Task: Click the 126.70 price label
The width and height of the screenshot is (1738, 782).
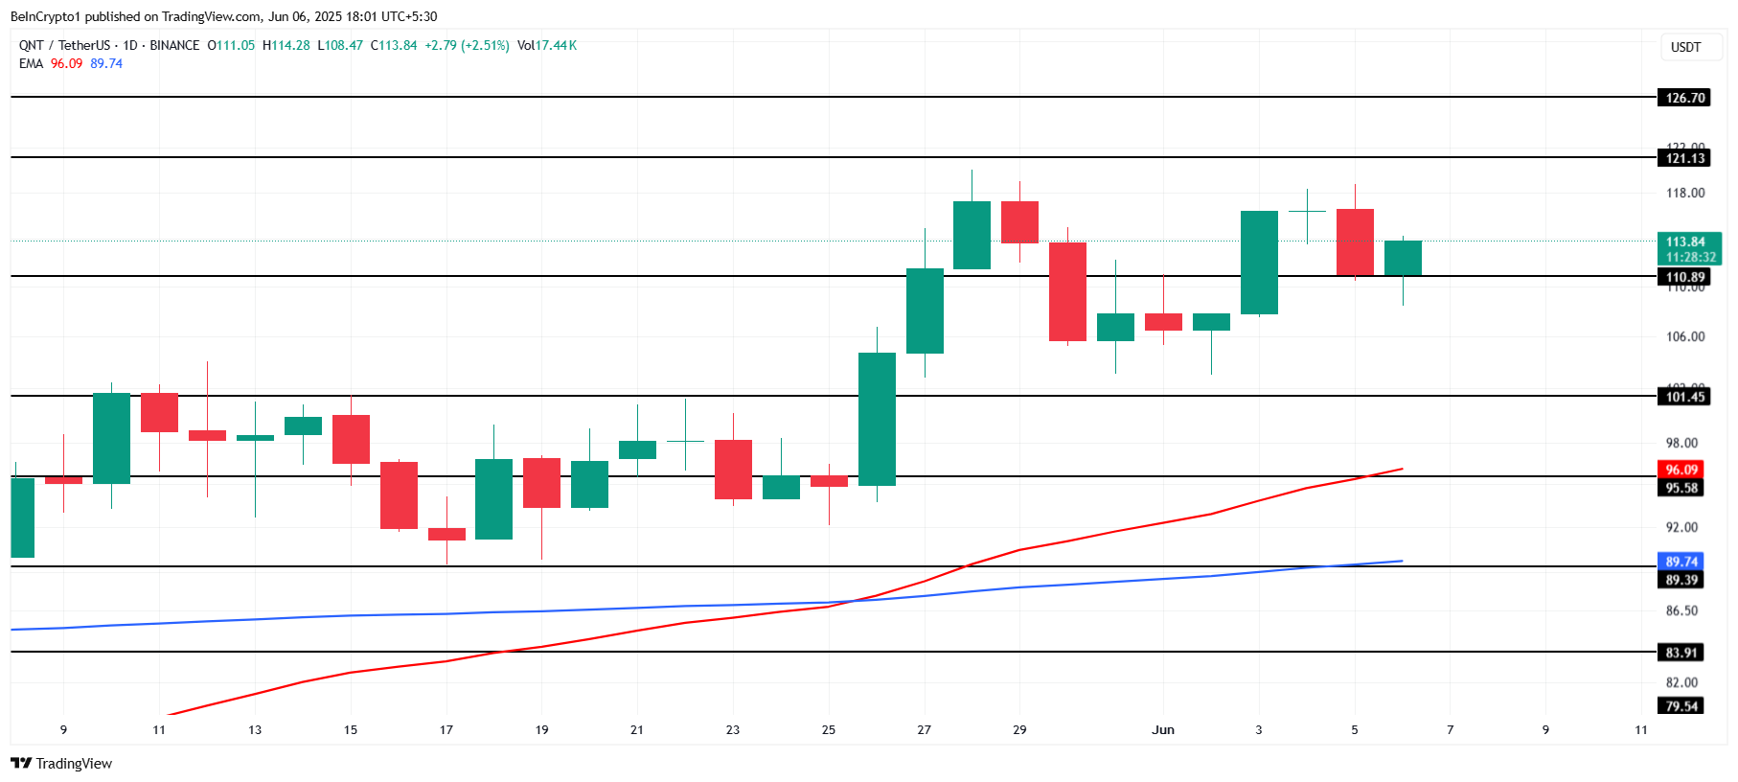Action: [1684, 98]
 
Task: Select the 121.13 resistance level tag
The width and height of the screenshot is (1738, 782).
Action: [1684, 158]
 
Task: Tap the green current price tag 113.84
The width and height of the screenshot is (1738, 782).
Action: [1688, 242]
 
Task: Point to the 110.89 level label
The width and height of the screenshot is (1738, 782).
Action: [1684, 277]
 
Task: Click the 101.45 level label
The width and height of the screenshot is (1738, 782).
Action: [1684, 397]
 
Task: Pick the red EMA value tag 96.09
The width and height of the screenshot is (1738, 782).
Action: [1681, 470]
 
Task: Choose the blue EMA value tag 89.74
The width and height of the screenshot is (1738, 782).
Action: [1681, 562]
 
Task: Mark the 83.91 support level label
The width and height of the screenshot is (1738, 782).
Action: [1681, 653]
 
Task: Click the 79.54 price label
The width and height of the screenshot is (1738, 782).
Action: [1681, 706]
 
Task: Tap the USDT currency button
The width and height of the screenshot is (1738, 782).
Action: [1685, 47]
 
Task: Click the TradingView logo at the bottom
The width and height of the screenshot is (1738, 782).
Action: [61, 764]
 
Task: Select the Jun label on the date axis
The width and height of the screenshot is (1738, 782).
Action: [1162, 730]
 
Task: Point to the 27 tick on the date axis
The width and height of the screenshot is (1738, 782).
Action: [924, 730]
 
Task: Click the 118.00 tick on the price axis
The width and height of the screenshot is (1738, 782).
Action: [1684, 194]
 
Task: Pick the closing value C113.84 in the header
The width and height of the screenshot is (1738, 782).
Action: [394, 45]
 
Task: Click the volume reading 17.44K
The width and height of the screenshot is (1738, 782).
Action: [556, 45]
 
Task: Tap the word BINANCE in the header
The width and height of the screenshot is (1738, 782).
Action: [174, 45]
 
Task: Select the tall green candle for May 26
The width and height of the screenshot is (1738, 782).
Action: [877, 419]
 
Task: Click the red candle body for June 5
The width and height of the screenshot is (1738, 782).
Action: [1355, 242]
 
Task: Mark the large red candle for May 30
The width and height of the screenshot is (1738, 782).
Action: [1067, 291]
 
